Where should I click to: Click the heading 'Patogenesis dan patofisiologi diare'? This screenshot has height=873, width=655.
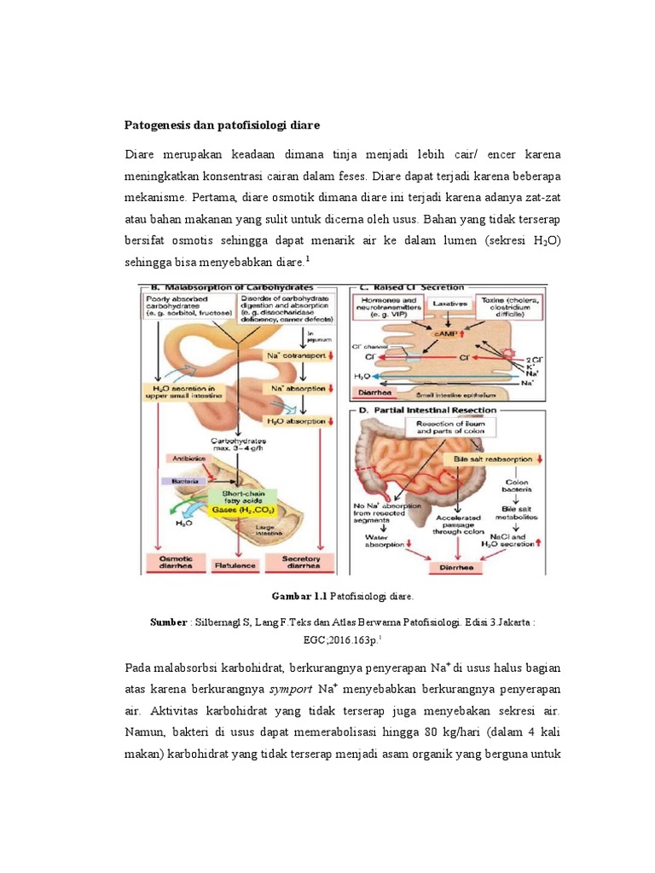coord(223,125)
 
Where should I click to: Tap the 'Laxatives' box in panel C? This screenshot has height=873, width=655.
coord(447,303)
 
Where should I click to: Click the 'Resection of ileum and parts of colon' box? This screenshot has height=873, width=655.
coord(449,426)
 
